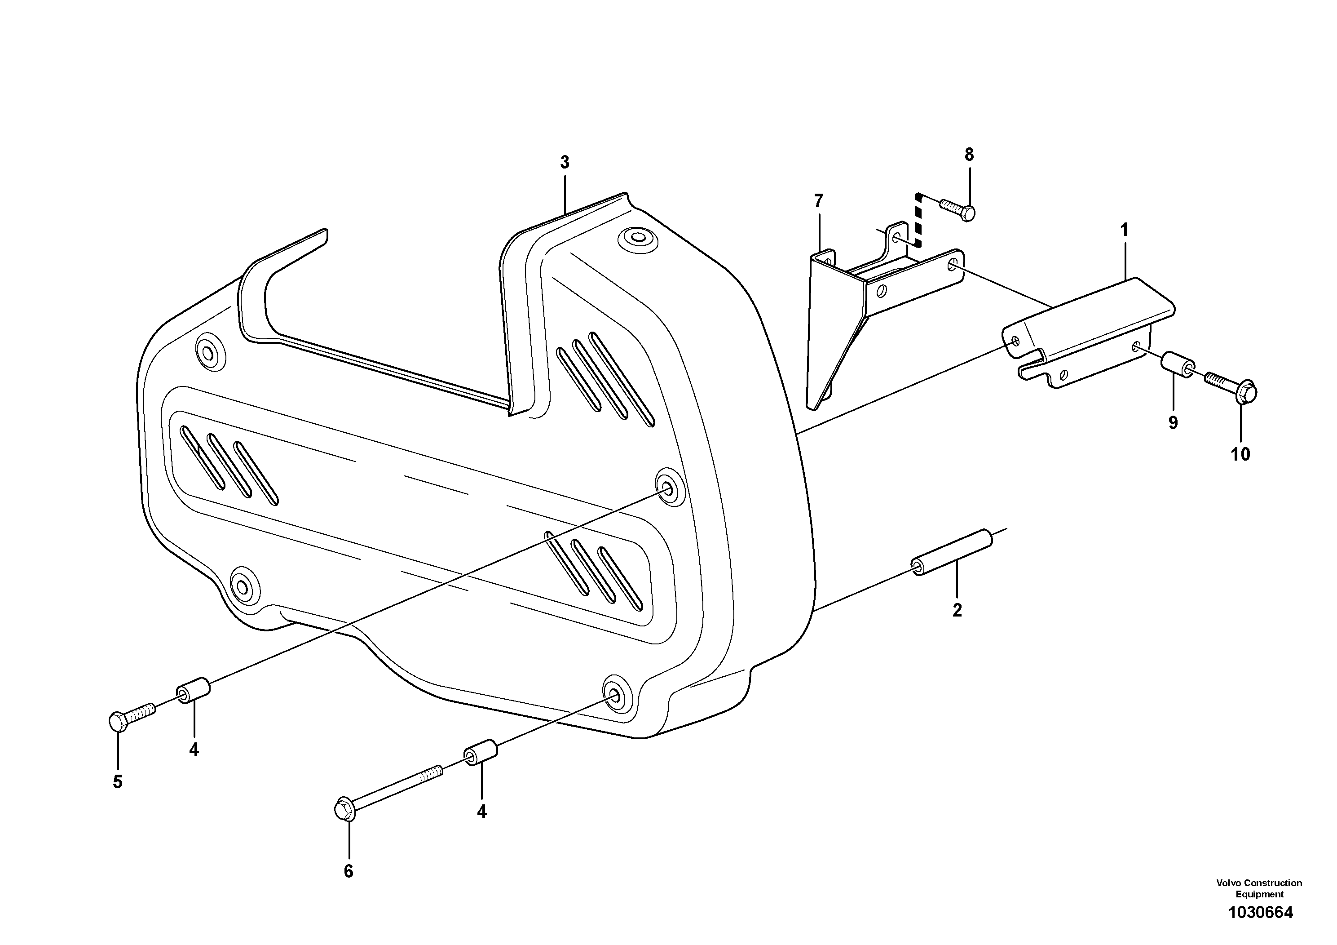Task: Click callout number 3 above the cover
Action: (564, 163)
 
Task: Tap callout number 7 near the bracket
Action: (819, 201)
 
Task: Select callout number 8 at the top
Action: (969, 155)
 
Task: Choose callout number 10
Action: (1240, 454)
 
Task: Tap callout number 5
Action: (118, 782)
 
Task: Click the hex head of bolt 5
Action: (118, 722)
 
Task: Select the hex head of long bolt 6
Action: (344, 809)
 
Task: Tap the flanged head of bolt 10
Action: (1245, 392)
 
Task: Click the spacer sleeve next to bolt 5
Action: (194, 690)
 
